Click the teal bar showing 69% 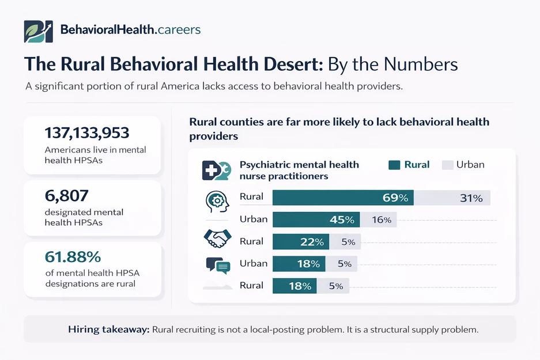coord(343,198)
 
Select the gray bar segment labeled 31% coord(452,198)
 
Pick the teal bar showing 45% coord(316,219)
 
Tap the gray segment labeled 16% coord(378,219)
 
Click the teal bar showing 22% coord(301,242)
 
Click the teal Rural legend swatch coord(394,165)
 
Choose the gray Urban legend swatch coord(447,165)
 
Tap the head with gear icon coord(217,199)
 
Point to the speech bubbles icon coord(218,265)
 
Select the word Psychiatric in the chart coord(266,165)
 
